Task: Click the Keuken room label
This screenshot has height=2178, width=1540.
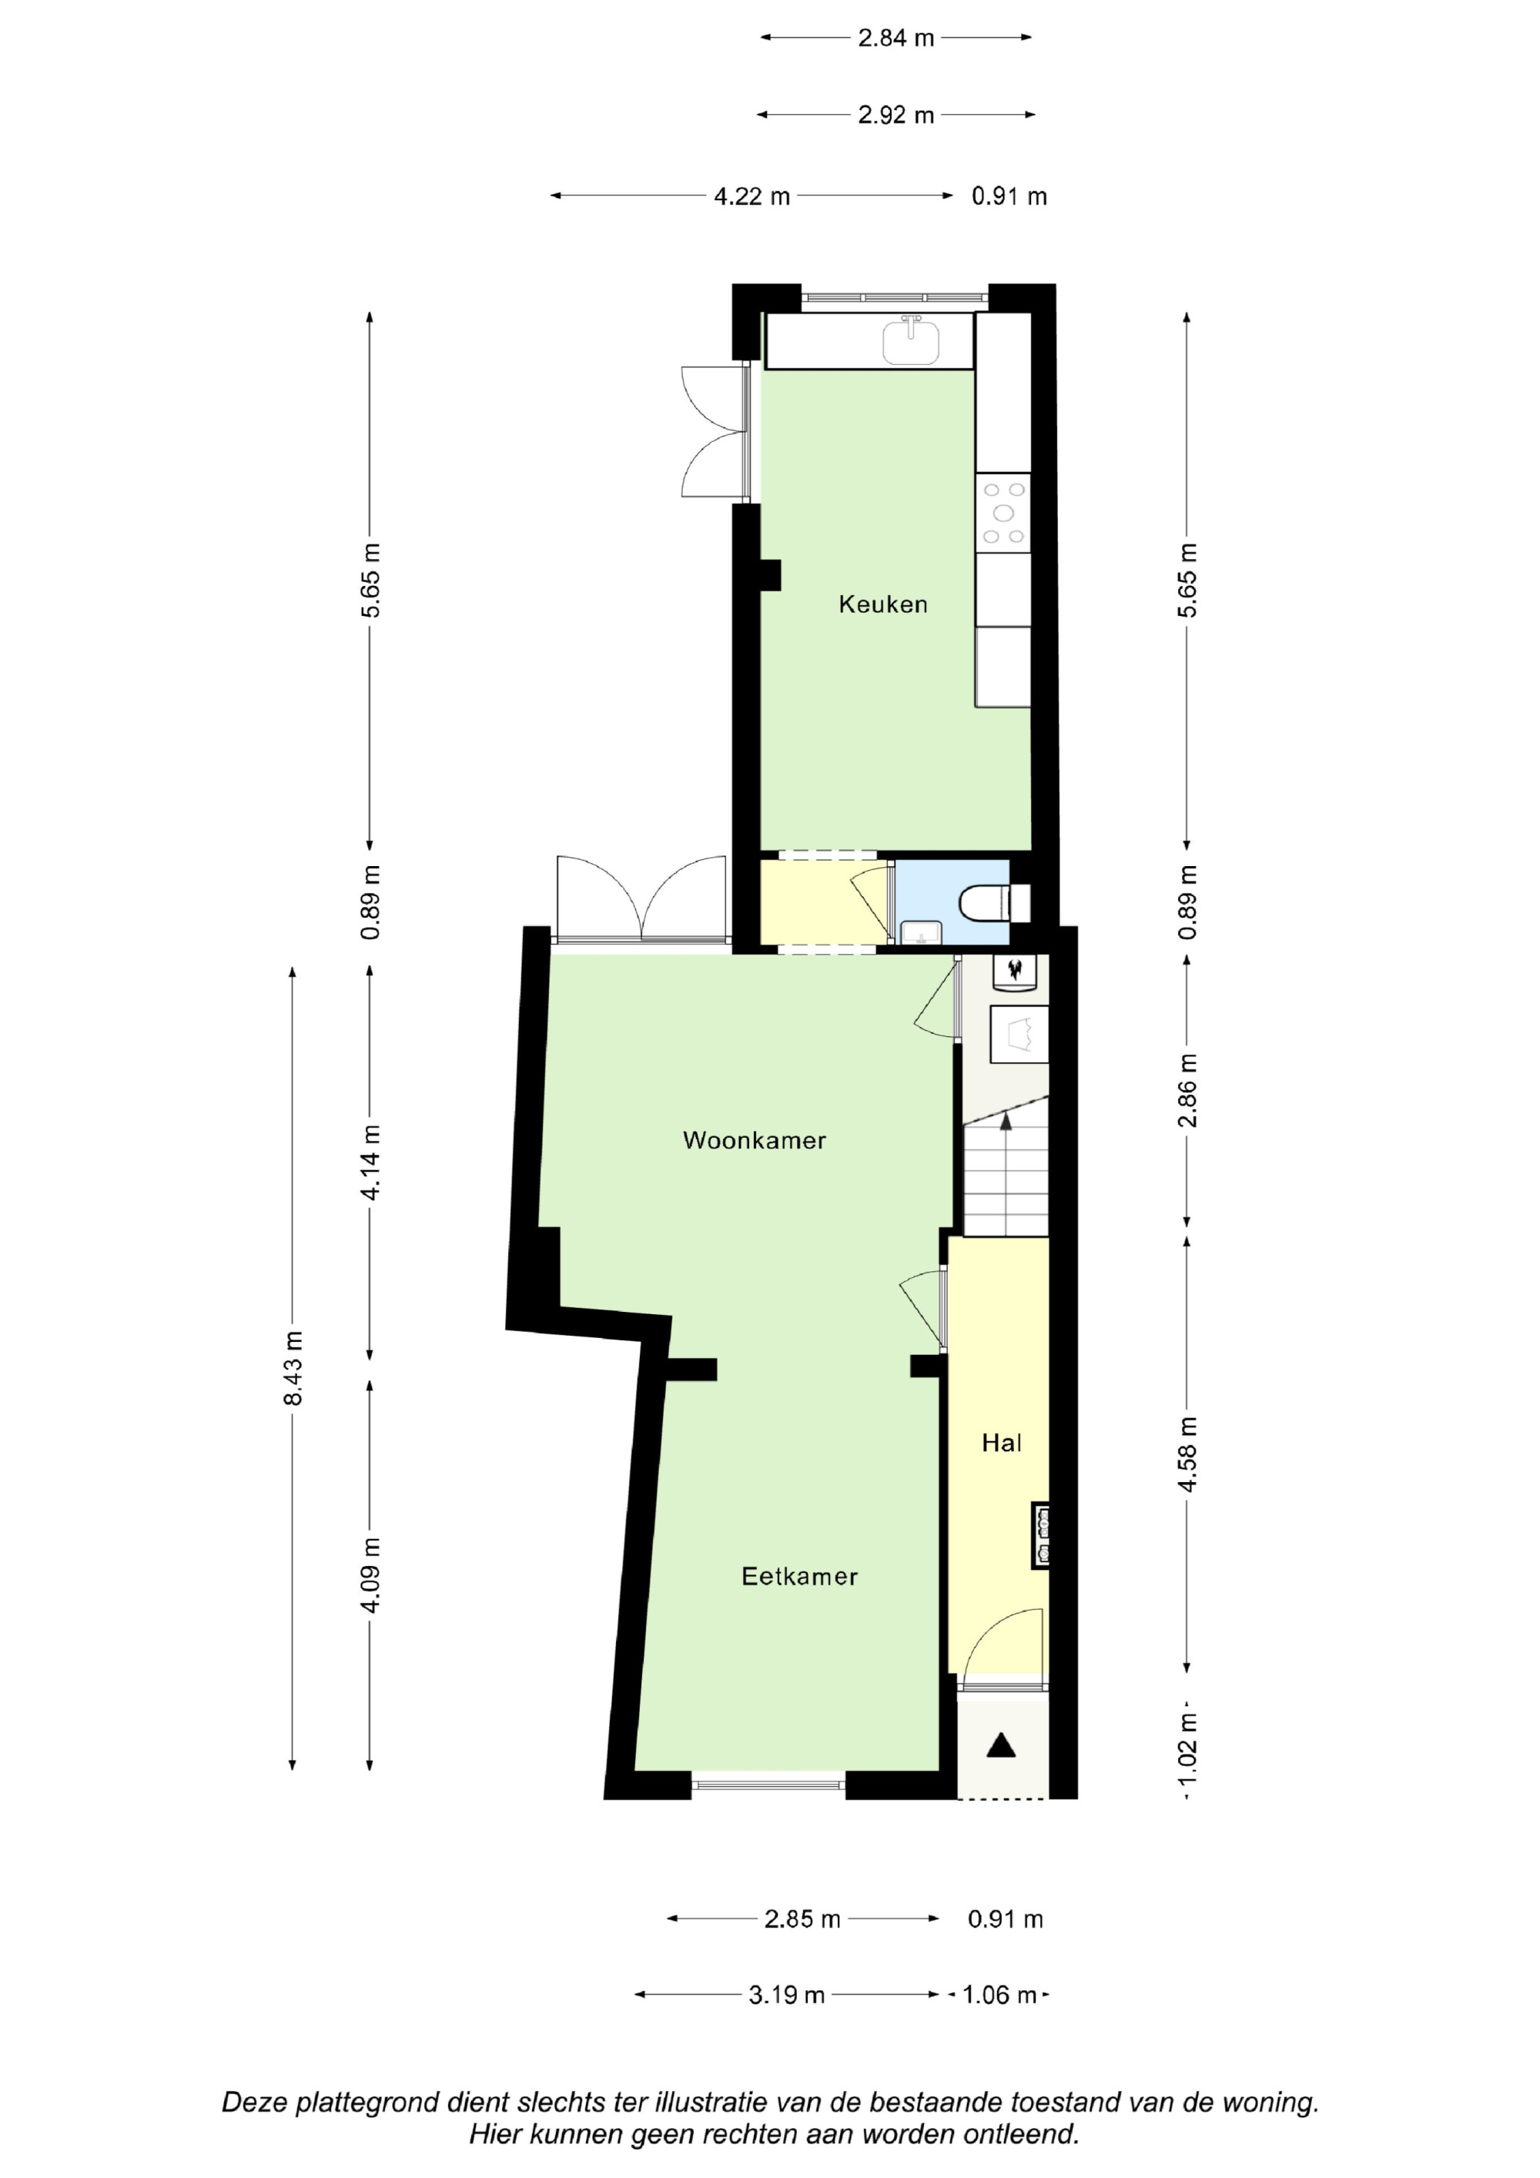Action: click(882, 604)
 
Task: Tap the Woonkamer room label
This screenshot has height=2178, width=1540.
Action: click(755, 1140)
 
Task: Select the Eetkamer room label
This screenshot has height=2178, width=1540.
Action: click(799, 1577)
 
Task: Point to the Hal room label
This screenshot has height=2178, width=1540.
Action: click(1001, 1443)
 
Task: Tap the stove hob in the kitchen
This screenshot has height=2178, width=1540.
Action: click(1004, 514)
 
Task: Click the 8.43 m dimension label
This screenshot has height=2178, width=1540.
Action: click(293, 1368)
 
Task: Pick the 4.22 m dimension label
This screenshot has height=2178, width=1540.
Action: click(752, 196)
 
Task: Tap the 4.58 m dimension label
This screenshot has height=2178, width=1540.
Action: click(1188, 1454)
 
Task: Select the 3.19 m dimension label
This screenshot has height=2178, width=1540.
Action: click(787, 1995)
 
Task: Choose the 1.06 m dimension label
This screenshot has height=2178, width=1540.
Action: click(999, 1995)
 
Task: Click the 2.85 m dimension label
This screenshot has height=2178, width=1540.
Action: click(803, 1919)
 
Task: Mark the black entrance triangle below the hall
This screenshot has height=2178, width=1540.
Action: click(1001, 1745)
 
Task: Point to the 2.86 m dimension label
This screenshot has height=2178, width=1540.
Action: click(1188, 1090)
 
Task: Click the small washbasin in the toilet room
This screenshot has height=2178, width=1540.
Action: click(920, 932)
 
